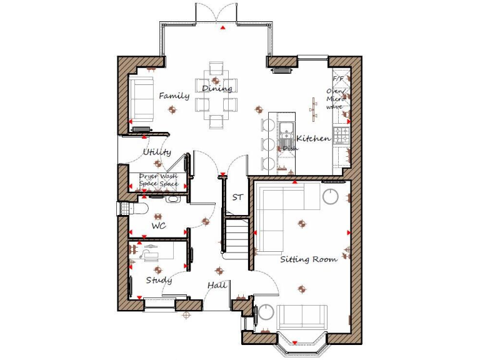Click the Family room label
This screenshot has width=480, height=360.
pos(174,96)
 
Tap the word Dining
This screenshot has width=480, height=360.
pos(217,89)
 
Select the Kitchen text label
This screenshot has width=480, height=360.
pos(313,138)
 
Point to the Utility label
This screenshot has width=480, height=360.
pos(157,152)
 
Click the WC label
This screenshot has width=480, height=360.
pos(159,226)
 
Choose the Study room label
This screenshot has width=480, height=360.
pos(159,281)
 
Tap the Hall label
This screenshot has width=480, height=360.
pos(217,286)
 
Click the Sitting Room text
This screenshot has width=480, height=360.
pos(308,259)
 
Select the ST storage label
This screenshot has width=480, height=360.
pos(237,197)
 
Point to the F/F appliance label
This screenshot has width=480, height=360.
pos(338,80)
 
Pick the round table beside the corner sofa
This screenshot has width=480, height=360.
pos(330,197)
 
